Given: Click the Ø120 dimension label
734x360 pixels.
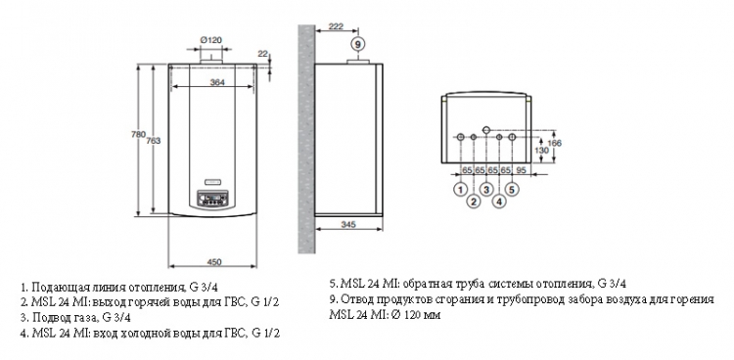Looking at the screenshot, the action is pyautogui.click(x=210, y=40).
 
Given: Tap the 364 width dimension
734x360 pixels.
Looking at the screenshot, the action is pyautogui.click(x=217, y=82).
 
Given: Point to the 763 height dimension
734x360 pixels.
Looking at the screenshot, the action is pyautogui.click(x=153, y=141).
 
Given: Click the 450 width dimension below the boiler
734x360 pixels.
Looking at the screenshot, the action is pyautogui.click(x=213, y=262).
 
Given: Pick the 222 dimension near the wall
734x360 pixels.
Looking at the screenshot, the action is pyautogui.click(x=336, y=26).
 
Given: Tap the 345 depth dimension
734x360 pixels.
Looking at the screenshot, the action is pyautogui.click(x=348, y=225).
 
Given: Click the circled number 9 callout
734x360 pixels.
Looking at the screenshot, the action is pyautogui.click(x=357, y=44).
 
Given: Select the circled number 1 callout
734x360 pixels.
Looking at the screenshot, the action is pyautogui.click(x=461, y=190).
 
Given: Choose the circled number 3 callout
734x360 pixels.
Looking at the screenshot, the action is pyautogui.click(x=486, y=190).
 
